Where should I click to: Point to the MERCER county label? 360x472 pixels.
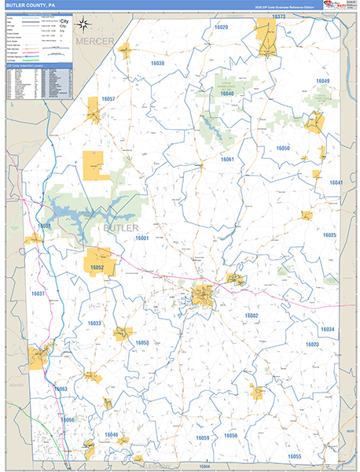tap(95, 40)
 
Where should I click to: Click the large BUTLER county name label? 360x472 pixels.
tap(120, 227)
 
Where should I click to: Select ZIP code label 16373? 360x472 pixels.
tap(277, 16)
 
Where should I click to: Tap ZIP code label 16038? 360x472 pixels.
tap(157, 63)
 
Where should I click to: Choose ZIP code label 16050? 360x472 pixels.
tap(282, 148)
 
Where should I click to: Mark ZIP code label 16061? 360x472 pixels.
tap(227, 160)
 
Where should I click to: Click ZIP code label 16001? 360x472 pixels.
tap(141, 238)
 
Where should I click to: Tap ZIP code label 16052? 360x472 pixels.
tap(97, 268)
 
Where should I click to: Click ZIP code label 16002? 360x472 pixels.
tap(251, 315)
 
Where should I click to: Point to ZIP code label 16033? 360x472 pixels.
tap(94, 323)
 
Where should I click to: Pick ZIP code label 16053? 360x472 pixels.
tap(141, 343)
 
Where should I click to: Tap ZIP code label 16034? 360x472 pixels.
tap(327, 329)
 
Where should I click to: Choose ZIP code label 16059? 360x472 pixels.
tap(203, 437)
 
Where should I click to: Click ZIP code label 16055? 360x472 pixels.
tap(294, 456)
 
